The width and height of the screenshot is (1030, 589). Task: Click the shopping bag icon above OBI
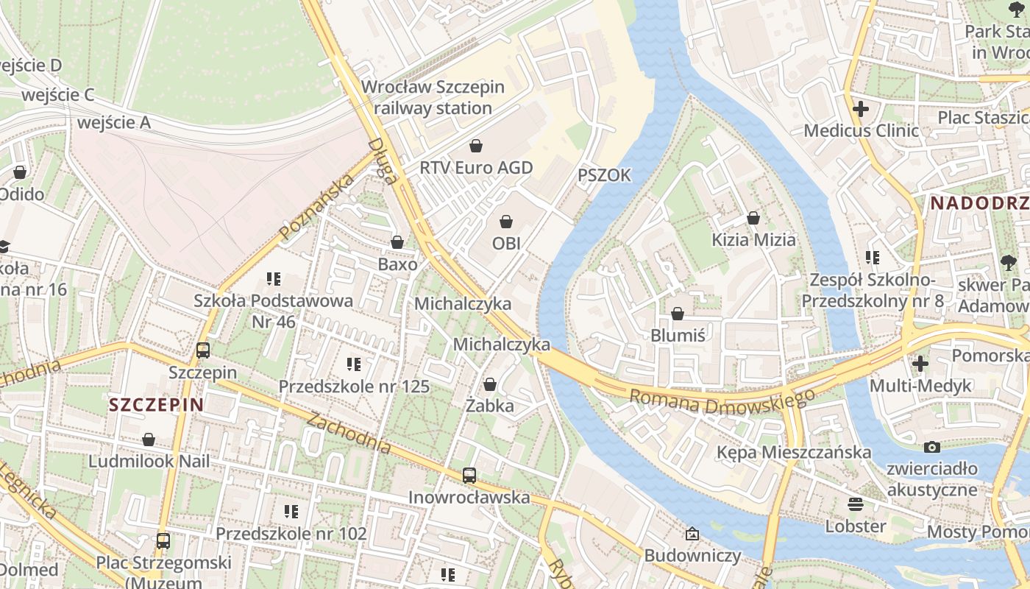pos(506,222)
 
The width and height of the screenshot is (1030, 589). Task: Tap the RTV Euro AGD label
pos(475,168)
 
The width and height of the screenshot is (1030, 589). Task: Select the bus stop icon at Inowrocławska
pos(469,476)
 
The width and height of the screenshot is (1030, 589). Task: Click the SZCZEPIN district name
pos(156,404)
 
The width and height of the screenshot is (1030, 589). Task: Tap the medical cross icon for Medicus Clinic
pos(860,110)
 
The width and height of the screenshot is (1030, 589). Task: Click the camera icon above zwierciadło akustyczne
pos(932,447)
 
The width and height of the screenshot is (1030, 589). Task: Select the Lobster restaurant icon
pos(855,504)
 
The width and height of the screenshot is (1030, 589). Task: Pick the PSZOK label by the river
pos(604,175)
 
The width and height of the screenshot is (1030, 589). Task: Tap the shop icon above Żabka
pos(490,384)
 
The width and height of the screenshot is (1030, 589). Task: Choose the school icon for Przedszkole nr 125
pos(354,364)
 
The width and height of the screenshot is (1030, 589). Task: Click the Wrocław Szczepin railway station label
pos(433,97)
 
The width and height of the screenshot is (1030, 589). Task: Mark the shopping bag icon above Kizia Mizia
pos(753,218)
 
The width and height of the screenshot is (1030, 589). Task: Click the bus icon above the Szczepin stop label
pos(203,350)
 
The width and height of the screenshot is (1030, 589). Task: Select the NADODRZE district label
pos(979,203)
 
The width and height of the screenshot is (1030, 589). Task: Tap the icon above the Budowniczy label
pos(692,534)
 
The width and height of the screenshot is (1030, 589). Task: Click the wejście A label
pos(114,122)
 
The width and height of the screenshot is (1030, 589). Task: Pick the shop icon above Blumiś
pos(678,314)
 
